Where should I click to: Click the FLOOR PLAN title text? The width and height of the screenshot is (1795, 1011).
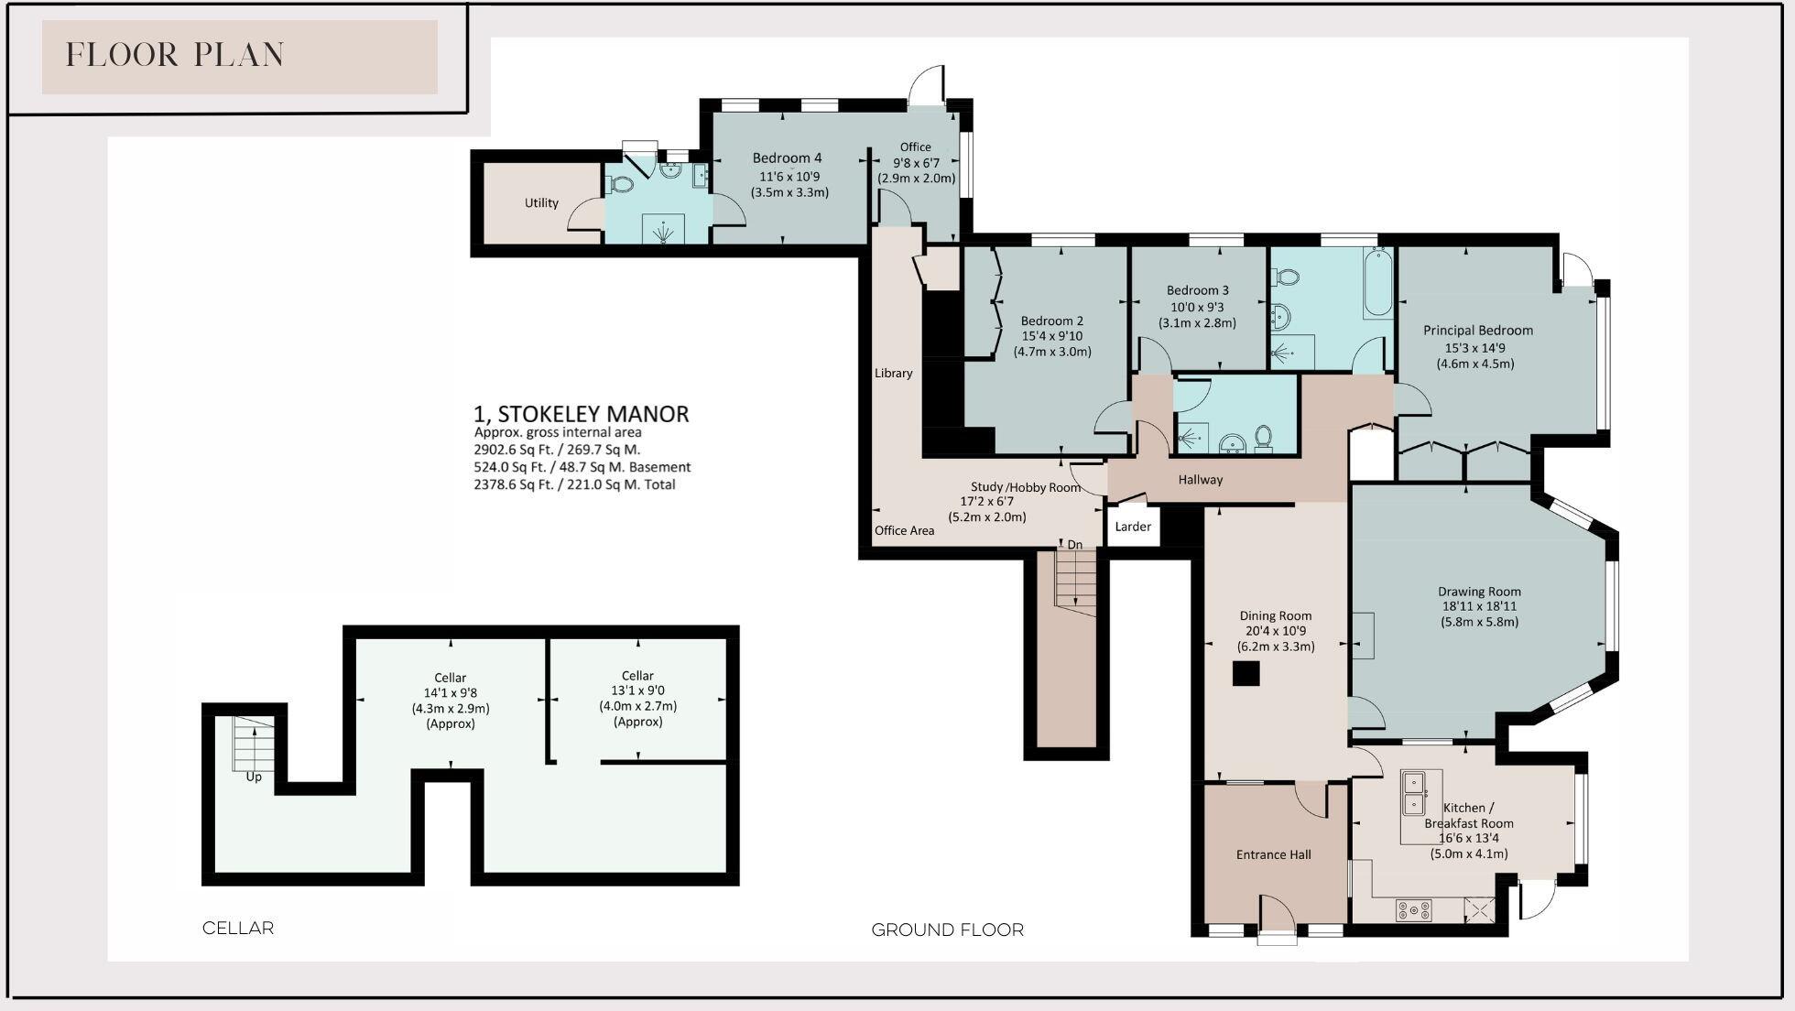click(x=175, y=55)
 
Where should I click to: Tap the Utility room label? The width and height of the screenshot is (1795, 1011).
click(x=541, y=203)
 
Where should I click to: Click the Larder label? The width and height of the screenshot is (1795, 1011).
click(x=1133, y=527)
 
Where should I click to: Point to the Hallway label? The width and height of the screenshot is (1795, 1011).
click(x=1200, y=479)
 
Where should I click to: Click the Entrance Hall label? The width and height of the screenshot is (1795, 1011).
click(x=1273, y=854)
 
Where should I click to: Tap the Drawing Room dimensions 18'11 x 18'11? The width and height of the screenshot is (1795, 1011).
click(x=1478, y=606)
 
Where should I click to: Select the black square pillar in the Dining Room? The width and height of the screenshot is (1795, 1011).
click(x=1246, y=674)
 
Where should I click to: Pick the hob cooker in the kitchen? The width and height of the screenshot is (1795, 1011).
click(x=1413, y=910)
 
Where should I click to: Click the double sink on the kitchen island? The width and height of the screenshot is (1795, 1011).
click(x=1414, y=794)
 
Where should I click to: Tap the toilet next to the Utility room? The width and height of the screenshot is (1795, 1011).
click(x=621, y=184)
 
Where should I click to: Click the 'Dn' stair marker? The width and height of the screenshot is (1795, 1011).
click(x=1074, y=545)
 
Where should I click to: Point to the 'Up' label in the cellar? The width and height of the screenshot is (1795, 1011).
click(x=254, y=777)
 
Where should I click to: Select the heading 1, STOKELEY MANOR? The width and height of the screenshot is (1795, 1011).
click(x=581, y=414)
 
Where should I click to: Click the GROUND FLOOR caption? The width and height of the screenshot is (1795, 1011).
click(x=947, y=929)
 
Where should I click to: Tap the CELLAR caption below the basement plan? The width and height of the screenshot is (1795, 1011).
click(x=238, y=928)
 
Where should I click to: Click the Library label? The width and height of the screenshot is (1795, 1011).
click(x=893, y=373)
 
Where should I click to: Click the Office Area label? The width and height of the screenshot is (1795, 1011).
click(x=904, y=530)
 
